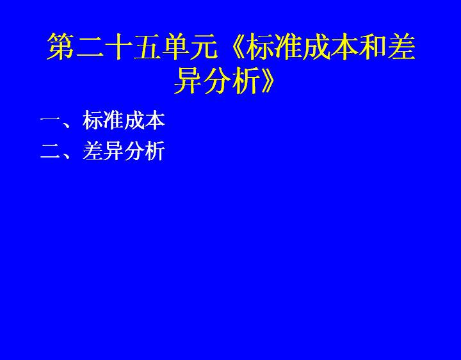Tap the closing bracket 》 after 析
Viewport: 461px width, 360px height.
point(267,80)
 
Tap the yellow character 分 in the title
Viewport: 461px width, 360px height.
point(218,80)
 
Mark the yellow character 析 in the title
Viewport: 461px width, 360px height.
point(246,80)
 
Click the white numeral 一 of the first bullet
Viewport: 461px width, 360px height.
point(51,120)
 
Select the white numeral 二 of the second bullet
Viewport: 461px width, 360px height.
point(51,151)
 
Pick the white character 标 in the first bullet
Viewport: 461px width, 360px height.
point(93,120)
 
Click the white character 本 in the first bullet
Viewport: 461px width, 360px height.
point(155,120)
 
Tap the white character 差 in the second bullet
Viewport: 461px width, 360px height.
point(93,151)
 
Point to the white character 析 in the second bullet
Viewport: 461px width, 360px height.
point(155,151)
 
